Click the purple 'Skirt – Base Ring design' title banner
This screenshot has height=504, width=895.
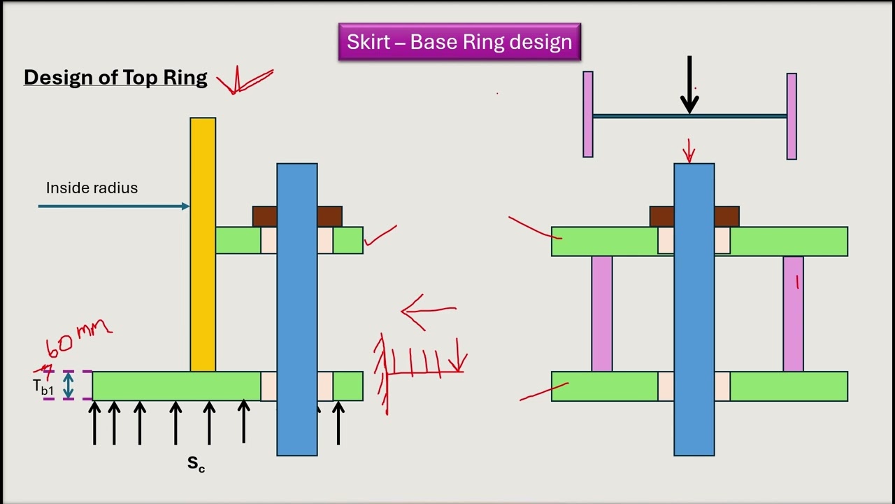pos(459,41)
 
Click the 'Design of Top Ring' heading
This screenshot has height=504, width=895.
pos(115,78)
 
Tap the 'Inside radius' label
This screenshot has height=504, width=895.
pos(92,188)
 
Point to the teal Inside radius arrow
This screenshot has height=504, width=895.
pos(114,206)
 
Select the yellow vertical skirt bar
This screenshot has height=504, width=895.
pos(203,244)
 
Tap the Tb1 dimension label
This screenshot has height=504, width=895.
pos(43,387)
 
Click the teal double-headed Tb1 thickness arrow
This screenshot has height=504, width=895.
pos(69,386)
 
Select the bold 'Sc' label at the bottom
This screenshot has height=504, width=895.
pos(196,464)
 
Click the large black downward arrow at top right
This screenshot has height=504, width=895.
pos(689,85)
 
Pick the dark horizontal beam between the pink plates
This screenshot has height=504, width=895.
pos(689,116)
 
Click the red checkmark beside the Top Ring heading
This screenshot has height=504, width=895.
pos(245,80)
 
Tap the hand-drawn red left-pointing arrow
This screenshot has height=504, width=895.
pos(429,311)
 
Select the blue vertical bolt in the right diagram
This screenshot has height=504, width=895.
pos(694,309)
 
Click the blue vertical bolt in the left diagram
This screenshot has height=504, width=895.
pos(297,309)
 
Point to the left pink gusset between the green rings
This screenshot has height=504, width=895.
pos(602,314)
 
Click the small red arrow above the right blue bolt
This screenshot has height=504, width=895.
pos(689,151)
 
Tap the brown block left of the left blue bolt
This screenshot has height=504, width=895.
pos(264,216)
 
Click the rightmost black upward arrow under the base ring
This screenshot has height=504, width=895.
pos(338,423)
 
